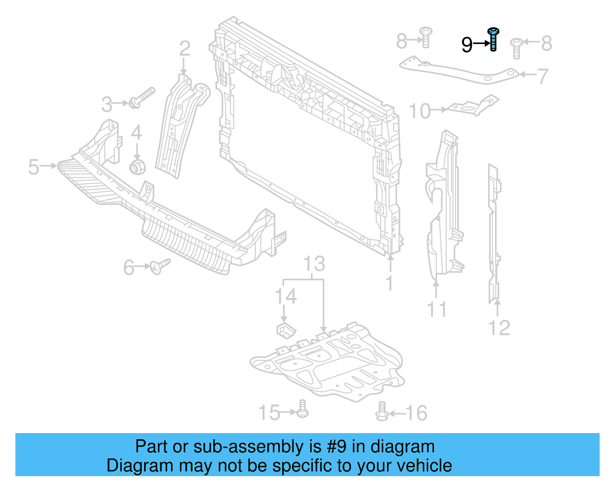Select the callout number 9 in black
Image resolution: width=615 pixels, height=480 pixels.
(467, 45)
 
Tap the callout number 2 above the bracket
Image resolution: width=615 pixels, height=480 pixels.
(185, 49)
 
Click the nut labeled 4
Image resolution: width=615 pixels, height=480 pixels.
(137, 167)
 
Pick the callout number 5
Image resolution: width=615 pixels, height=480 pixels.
(34, 167)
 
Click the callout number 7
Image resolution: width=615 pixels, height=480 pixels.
(542, 76)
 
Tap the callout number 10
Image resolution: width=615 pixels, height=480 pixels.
(420, 111)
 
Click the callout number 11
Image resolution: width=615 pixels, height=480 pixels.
(437, 309)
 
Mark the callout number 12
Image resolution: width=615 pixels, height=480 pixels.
(499, 328)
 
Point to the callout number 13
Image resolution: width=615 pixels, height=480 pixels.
(314, 264)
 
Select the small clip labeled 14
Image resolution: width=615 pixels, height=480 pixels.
(286, 330)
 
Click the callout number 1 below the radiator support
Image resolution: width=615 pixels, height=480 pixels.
(389, 283)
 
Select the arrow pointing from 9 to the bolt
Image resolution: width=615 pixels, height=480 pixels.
(481, 44)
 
